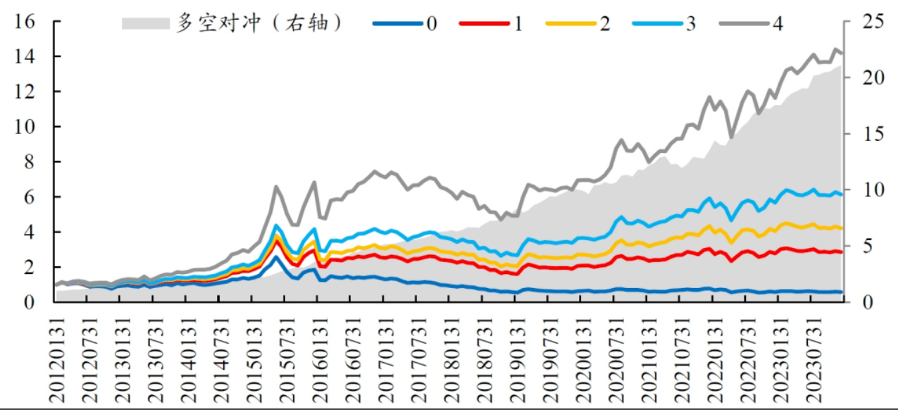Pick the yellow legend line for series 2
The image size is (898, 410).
pos(570,23)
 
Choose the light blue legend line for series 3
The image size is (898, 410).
pos(656,23)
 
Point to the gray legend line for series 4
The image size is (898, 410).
pos(743,23)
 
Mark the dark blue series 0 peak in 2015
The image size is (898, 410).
pos(277,257)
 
